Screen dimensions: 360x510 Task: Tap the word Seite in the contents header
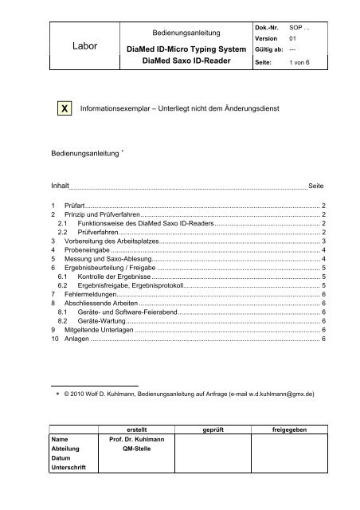[315, 184]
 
